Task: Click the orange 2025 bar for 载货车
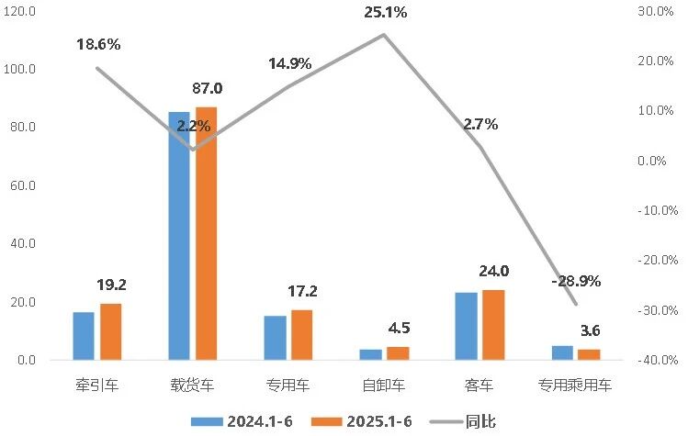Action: coord(206,234)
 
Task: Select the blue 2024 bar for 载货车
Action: coord(179,236)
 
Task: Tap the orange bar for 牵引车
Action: coord(110,331)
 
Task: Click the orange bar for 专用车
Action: coord(301,335)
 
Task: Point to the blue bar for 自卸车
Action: coord(370,354)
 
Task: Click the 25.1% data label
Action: coord(384,13)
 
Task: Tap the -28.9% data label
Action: coord(576,281)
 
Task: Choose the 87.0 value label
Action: coord(206,89)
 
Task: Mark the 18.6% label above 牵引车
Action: coord(98,44)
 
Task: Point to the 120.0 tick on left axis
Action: coord(19,11)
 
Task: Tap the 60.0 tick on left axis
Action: coord(19,185)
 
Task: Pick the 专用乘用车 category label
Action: coord(575,386)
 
